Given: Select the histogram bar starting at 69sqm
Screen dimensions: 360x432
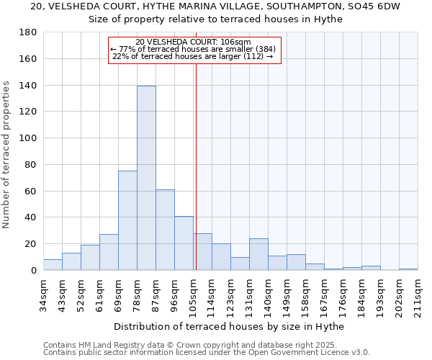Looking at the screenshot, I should [x=127, y=220].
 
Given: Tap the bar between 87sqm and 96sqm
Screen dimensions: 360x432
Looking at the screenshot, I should [x=165, y=230].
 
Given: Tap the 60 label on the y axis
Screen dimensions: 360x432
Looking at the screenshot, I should [x=30, y=191].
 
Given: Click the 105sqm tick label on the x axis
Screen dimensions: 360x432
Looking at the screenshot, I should [x=193, y=294].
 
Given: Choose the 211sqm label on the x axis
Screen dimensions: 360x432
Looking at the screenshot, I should [x=418, y=294].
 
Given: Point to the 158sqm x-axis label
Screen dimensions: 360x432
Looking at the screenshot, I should [x=305, y=294].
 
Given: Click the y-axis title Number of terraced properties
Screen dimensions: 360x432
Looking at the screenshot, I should [x=7, y=155].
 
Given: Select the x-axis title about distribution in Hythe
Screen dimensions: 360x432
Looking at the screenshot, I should [x=230, y=327].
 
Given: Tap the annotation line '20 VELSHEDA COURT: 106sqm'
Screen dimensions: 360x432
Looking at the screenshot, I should [x=193, y=42].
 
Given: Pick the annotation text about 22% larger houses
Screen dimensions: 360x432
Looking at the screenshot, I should [x=193, y=56].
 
